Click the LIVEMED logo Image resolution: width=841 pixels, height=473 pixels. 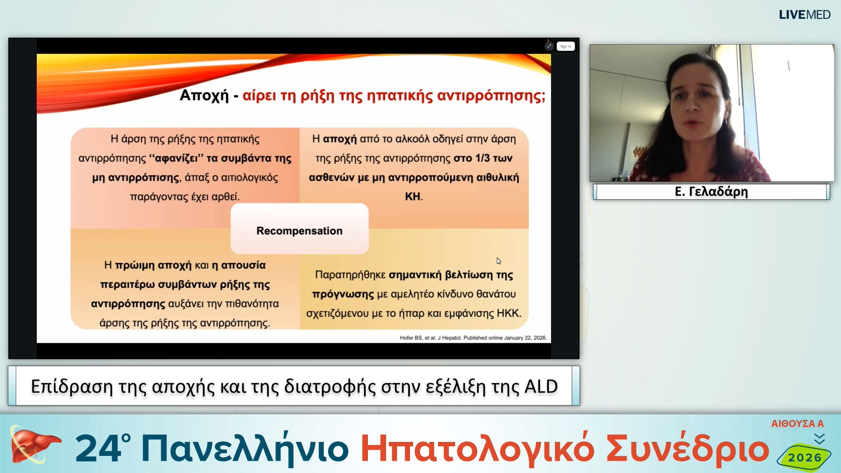804,15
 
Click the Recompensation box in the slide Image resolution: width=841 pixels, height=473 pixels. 300,230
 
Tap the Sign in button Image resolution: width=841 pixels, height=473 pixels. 565,46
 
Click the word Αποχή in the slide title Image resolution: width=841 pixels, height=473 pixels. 204,95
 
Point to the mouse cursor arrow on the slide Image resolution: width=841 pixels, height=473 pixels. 498,261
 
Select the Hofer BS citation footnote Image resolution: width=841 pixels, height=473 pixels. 473,338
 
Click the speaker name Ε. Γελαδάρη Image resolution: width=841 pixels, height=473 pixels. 711,192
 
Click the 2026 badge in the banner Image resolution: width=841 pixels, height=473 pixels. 805,458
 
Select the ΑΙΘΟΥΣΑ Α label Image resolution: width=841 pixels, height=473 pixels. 797,424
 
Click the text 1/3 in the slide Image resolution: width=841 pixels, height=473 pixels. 482,158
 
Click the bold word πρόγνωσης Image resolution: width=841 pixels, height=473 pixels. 343,294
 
